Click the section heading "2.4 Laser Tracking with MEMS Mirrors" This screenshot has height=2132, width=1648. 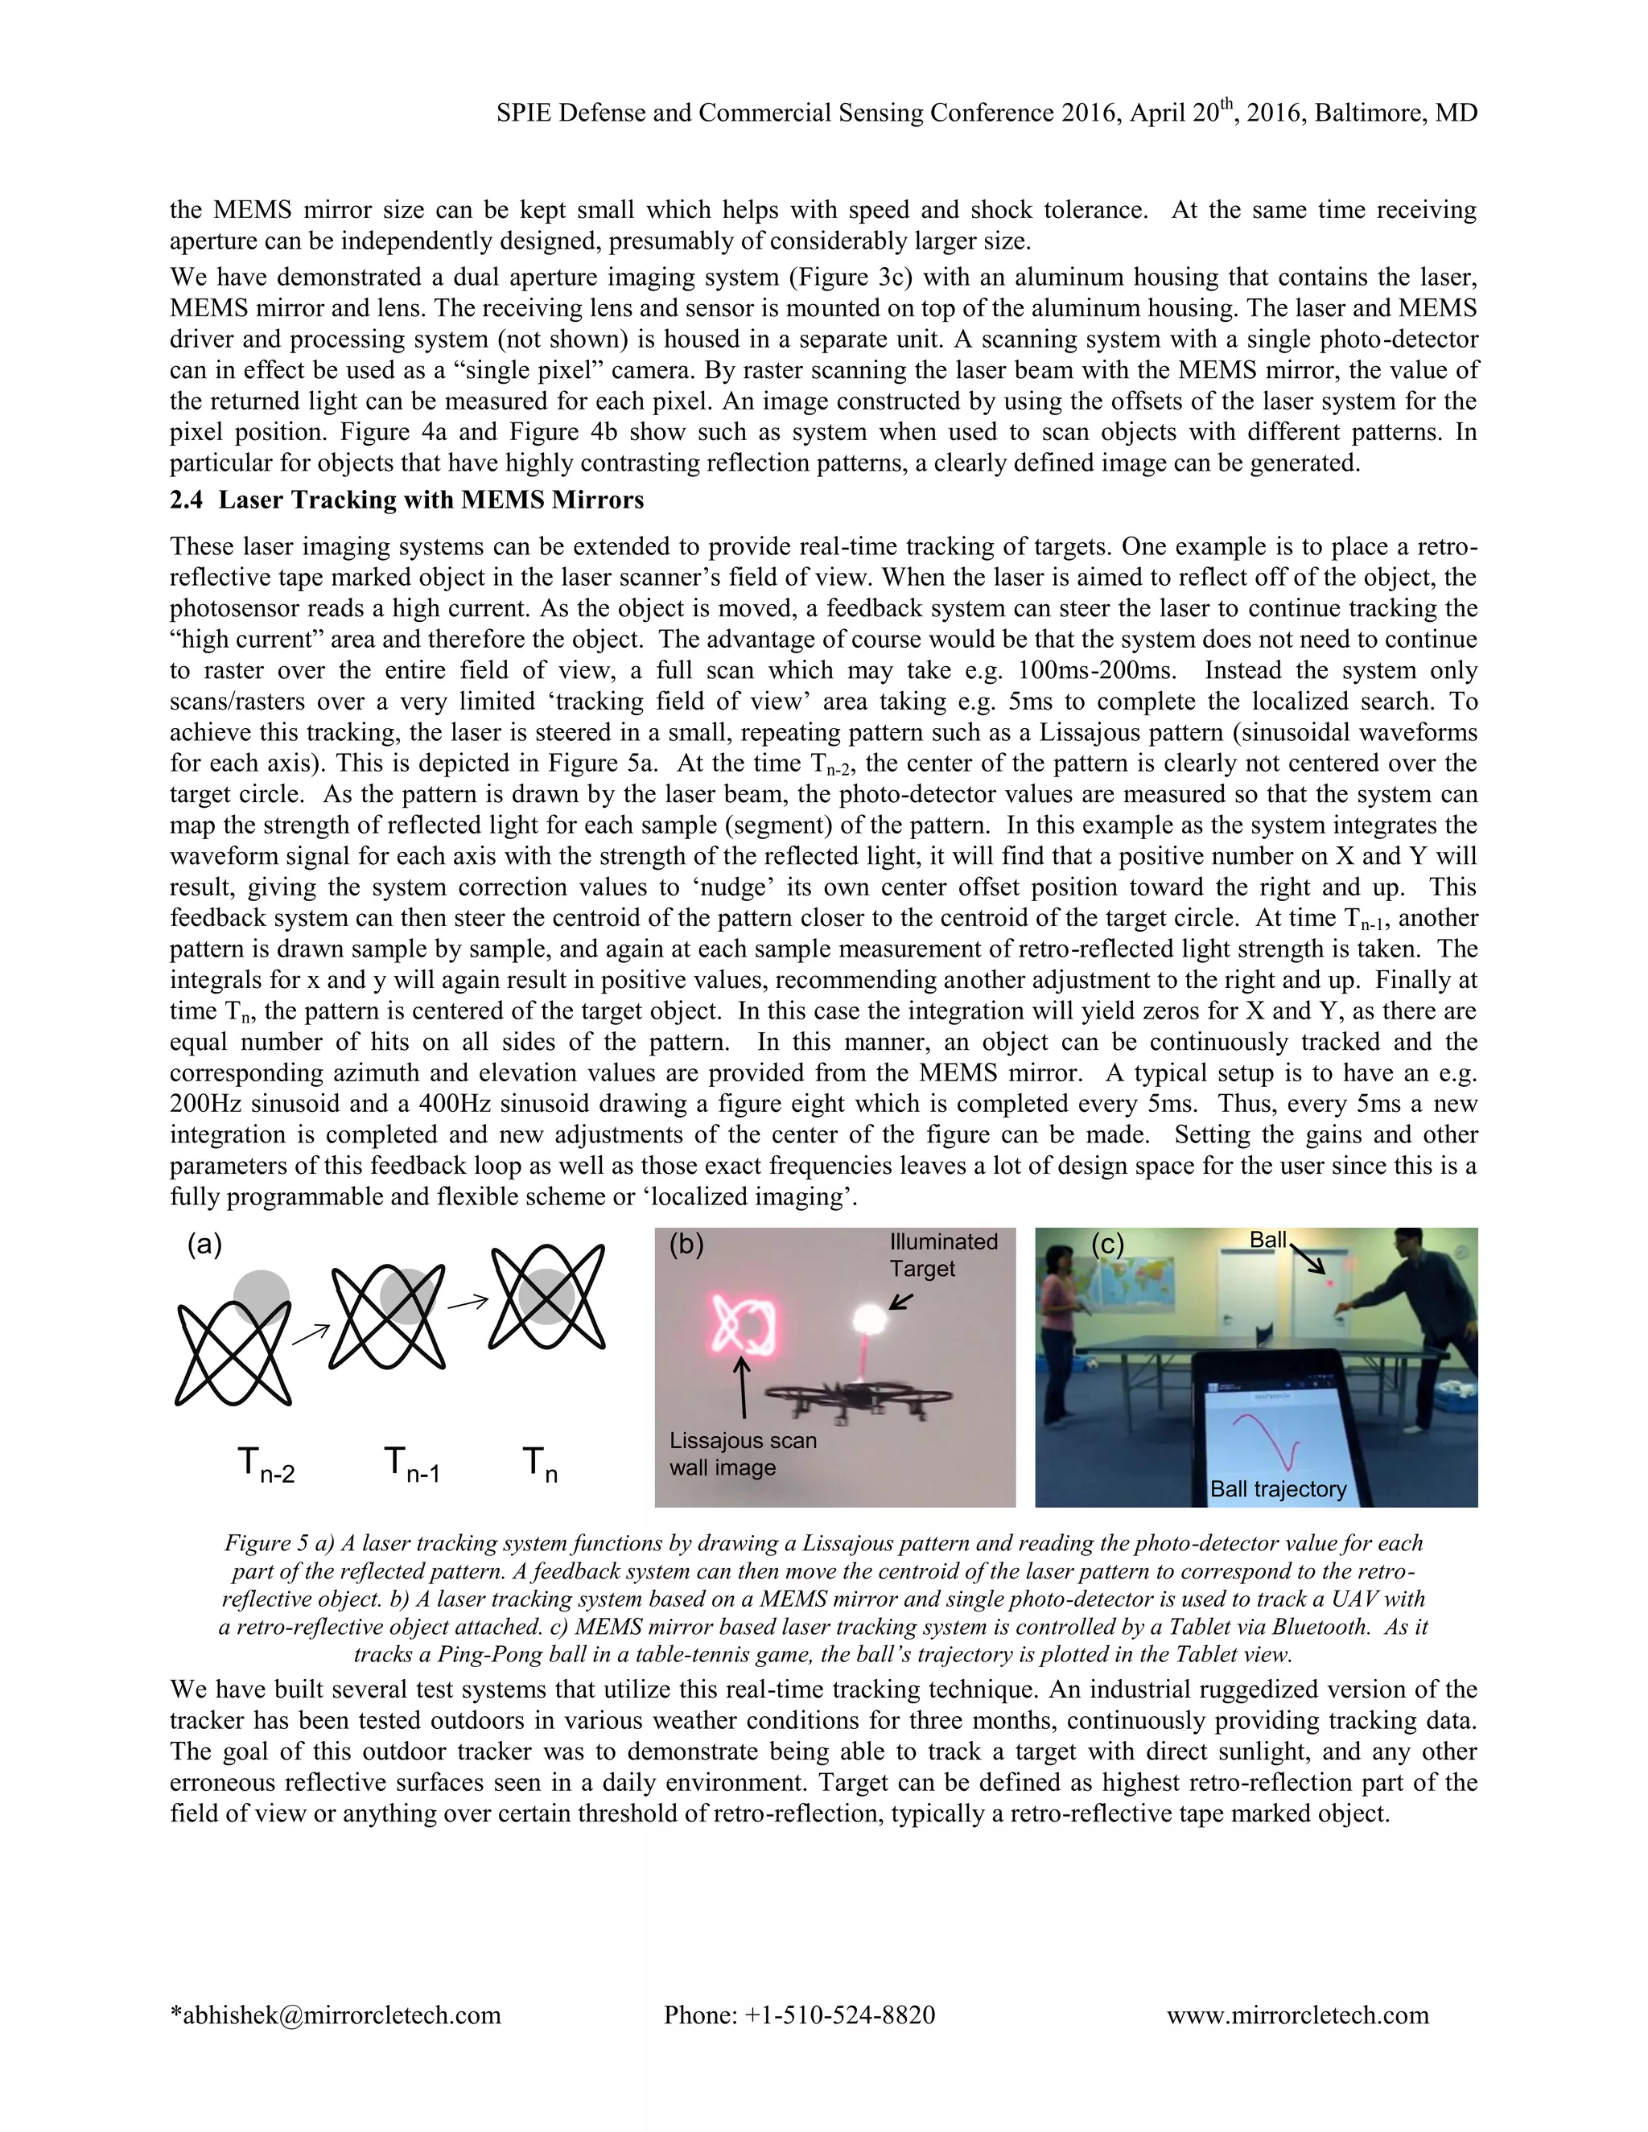coord(406,500)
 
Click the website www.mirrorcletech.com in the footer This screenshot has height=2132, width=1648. coord(1296,2015)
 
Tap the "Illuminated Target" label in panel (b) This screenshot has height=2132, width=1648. coord(942,1254)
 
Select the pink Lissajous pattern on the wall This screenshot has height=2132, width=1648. coord(744,1326)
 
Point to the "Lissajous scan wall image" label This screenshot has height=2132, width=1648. coord(742,1454)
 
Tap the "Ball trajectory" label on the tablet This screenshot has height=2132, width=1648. coord(1277,1488)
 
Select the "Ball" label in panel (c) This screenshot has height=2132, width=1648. coord(1267,1240)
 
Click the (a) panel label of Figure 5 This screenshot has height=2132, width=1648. coord(204,1245)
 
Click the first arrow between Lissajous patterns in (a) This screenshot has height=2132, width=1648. coord(311,1332)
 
